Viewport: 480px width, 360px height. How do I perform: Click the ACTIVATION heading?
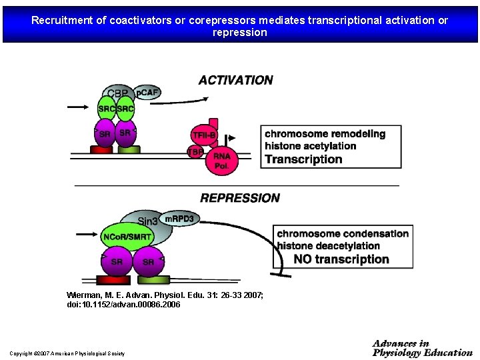click(x=235, y=80)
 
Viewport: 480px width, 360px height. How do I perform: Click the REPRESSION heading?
click(x=240, y=198)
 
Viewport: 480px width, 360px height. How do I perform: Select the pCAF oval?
click(x=147, y=92)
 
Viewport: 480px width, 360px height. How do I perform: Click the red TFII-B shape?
click(x=203, y=135)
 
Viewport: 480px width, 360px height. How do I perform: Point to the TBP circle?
click(x=195, y=152)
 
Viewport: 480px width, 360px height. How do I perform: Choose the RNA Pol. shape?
click(x=221, y=161)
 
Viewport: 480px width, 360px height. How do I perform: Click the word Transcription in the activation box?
click(x=303, y=159)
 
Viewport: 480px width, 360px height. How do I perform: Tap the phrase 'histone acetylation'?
click(x=310, y=146)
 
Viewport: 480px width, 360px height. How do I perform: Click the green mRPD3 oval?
click(x=179, y=219)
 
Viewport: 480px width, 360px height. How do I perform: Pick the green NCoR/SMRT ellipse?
click(x=127, y=237)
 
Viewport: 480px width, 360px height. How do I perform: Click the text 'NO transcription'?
click(x=341, y=259)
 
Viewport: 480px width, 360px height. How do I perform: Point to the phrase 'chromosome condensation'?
click(x=343, y=233)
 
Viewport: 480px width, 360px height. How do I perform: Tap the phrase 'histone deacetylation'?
click(x=337, y=246)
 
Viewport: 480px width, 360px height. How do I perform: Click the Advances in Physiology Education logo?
click(x=422, y=348)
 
